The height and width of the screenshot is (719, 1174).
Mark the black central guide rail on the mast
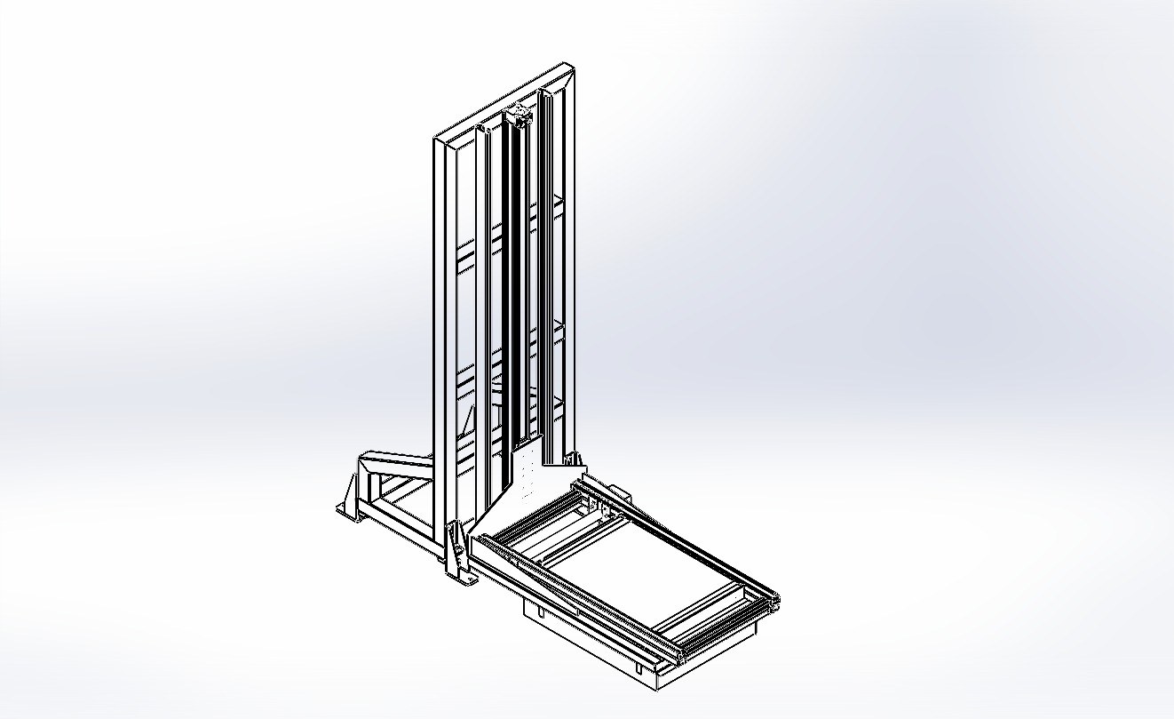click(x=514, y=284)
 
